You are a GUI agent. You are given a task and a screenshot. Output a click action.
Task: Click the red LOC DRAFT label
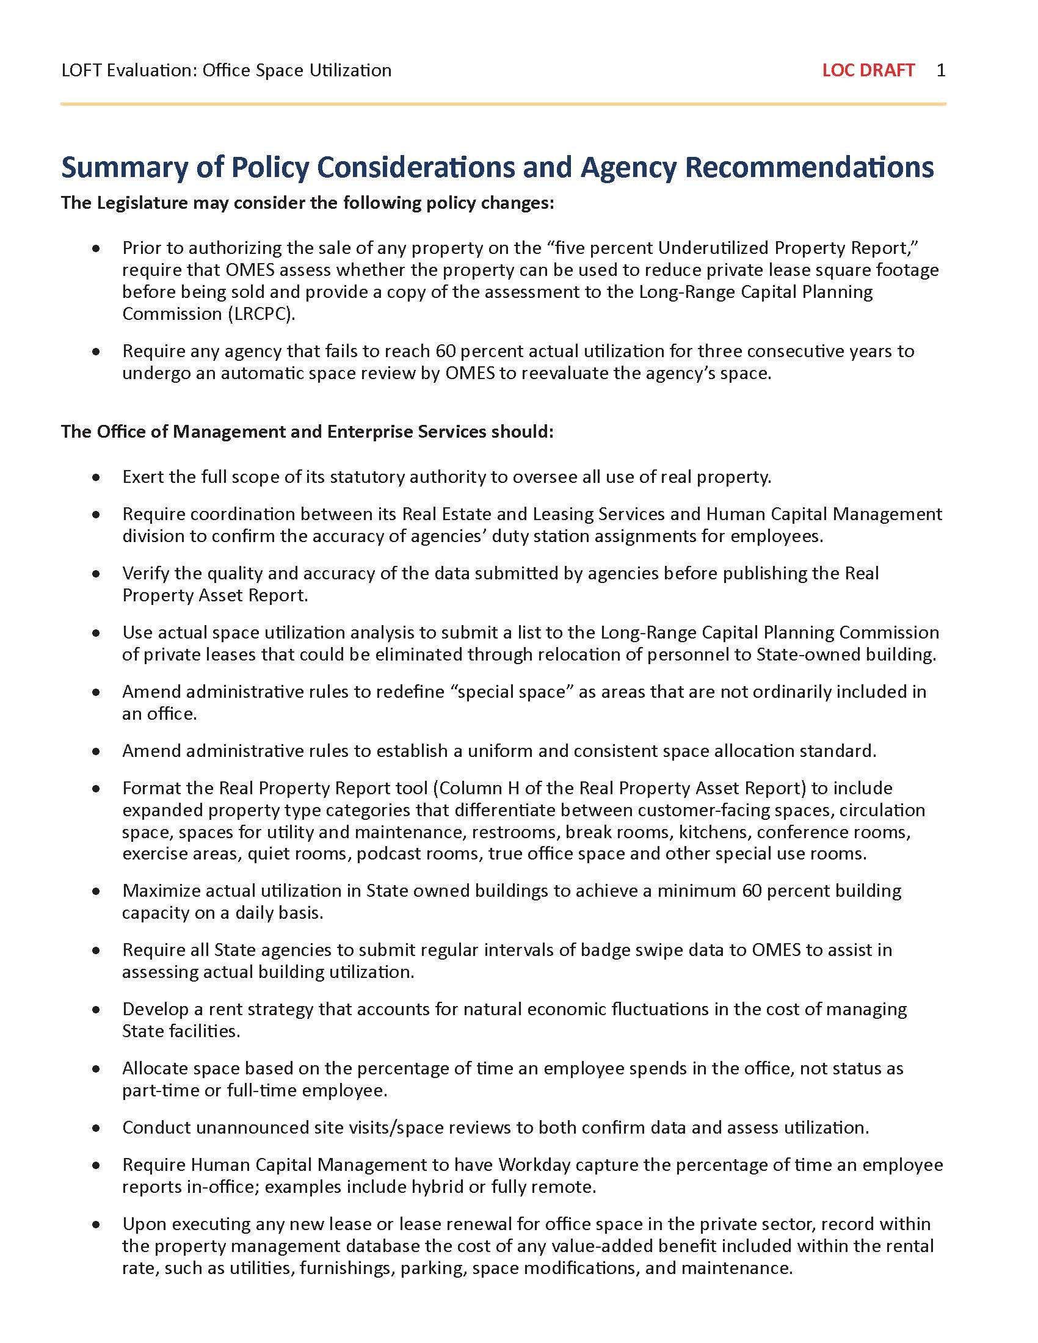(868, 70)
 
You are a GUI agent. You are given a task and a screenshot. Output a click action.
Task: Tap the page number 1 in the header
(941, 70)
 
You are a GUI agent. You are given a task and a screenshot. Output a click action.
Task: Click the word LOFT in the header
(82, 70)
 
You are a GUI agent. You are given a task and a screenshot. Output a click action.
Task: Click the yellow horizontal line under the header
(503, 104)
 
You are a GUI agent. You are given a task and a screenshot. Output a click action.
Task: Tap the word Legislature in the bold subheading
(141, 203)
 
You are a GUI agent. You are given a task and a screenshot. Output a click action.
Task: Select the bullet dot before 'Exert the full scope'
(95, 477)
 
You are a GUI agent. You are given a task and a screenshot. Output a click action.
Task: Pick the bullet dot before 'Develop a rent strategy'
(95, 1010)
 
